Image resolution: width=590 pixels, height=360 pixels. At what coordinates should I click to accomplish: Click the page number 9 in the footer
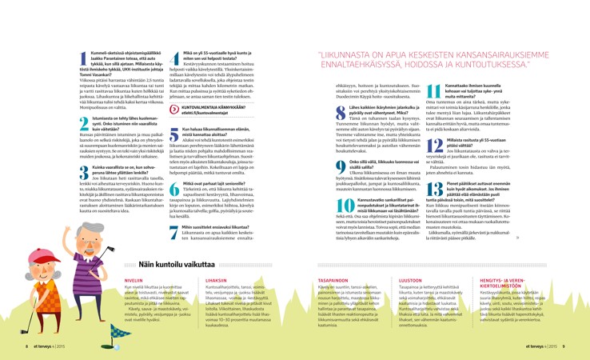tap(564, 346)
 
